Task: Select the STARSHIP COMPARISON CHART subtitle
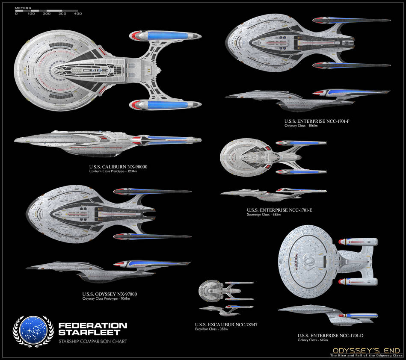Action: click(92, 342)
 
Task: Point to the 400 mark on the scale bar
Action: click(77, 14)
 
